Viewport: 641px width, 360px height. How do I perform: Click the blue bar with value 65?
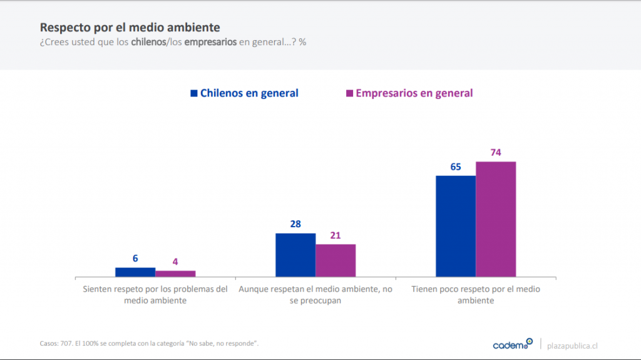[456, 225]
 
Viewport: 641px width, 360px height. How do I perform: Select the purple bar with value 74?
[496, 219]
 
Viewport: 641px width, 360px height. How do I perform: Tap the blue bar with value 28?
[295, 254]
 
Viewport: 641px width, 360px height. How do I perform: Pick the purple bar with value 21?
[336, 260]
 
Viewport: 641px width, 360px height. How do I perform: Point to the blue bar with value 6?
[135, 272]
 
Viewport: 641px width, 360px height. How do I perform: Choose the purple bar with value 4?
[175, 273]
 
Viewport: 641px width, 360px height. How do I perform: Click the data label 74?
[496, 152]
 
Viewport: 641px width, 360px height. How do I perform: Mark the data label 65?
[456, 167]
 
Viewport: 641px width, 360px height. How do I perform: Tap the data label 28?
[295, 224]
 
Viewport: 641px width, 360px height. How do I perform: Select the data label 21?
[336, 235]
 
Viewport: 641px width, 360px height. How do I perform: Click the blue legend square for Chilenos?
[194, 93]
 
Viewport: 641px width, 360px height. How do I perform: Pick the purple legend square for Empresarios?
[349, 93]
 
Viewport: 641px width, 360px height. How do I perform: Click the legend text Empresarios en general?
[414, 93]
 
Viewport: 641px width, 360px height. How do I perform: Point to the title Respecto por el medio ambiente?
[130, 28]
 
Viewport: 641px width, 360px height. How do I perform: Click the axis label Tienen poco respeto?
[476, 295]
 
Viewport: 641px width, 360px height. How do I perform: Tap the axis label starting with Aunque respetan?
[315, 295]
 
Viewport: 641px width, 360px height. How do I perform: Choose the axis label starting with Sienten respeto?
[155, 295]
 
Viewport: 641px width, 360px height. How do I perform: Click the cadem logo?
[512, 344]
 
